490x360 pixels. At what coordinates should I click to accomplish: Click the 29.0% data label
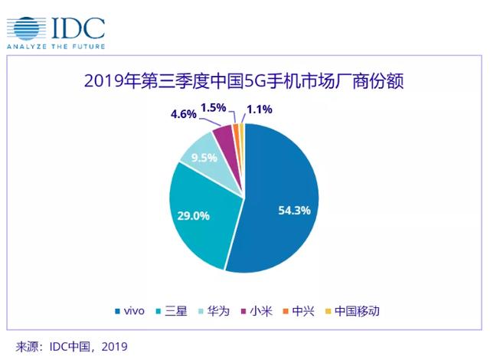pyautogui.click(x=194, y=215)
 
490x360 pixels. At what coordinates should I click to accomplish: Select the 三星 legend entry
pyautogui.click(x=175, y=311)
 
